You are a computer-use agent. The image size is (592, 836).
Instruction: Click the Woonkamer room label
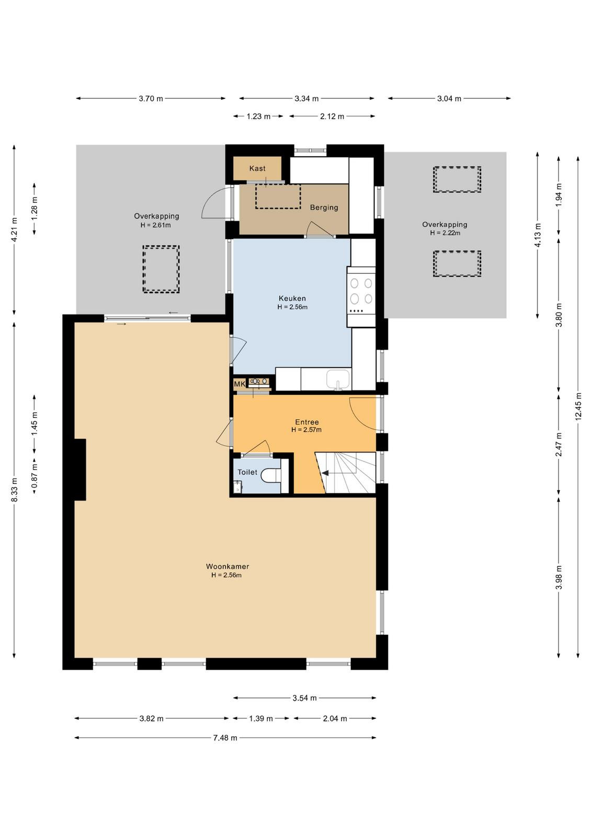click(227, 566)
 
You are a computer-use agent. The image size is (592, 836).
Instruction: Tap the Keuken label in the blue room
click(292, 298)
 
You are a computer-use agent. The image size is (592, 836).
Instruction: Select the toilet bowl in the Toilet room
click(271, 475)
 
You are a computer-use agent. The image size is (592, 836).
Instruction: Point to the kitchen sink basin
click(338, 379)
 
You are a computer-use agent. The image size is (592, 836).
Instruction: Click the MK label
click(240, 384)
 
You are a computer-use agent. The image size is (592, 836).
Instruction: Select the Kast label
click(257, 168)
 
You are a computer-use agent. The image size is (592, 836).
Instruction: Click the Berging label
click(324, 207)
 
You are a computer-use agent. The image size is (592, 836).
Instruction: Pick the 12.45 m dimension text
click(578, 407)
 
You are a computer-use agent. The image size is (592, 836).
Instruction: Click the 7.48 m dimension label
click(225, 737)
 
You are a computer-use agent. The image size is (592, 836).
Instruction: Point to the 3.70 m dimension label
click(151, 99)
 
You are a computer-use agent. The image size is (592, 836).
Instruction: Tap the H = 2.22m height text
click(445, 233)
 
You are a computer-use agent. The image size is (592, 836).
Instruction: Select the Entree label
click(307, 422)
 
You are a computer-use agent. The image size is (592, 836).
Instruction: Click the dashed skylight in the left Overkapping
click(161, 269)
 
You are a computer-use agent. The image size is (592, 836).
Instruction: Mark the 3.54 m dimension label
click(305, 698)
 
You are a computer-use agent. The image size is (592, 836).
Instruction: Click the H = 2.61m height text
click(155, 225)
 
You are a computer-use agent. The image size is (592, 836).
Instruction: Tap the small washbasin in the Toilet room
click(237, 486)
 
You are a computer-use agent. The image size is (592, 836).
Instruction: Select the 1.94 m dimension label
click(559, 195)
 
